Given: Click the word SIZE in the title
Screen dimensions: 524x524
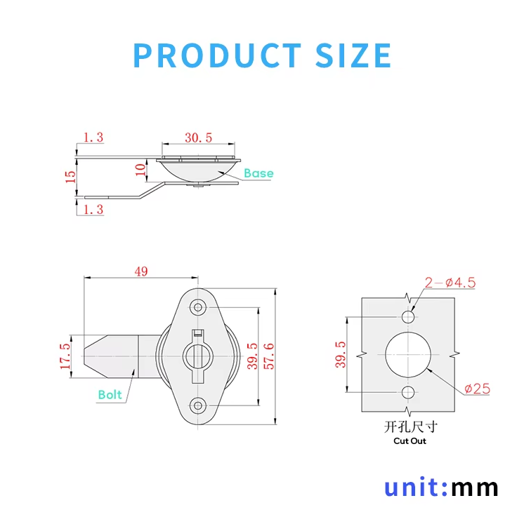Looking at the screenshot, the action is (x=353, y=55).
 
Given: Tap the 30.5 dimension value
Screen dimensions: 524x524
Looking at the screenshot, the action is (x=198, y=137).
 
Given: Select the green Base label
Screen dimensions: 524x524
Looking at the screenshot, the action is (x=258, y=173).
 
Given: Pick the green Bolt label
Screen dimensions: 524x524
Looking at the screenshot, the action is (x=110, y=395).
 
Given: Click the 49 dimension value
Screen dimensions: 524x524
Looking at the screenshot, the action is (x=141, y=271).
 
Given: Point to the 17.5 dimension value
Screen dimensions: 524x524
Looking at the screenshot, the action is (x=65, y=356).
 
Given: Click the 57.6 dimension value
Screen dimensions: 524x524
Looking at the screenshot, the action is (x=269, y=356).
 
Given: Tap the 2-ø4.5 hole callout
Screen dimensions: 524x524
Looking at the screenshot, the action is (x=450, y=283).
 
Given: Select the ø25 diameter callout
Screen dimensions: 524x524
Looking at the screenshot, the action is (x=477, y=389).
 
